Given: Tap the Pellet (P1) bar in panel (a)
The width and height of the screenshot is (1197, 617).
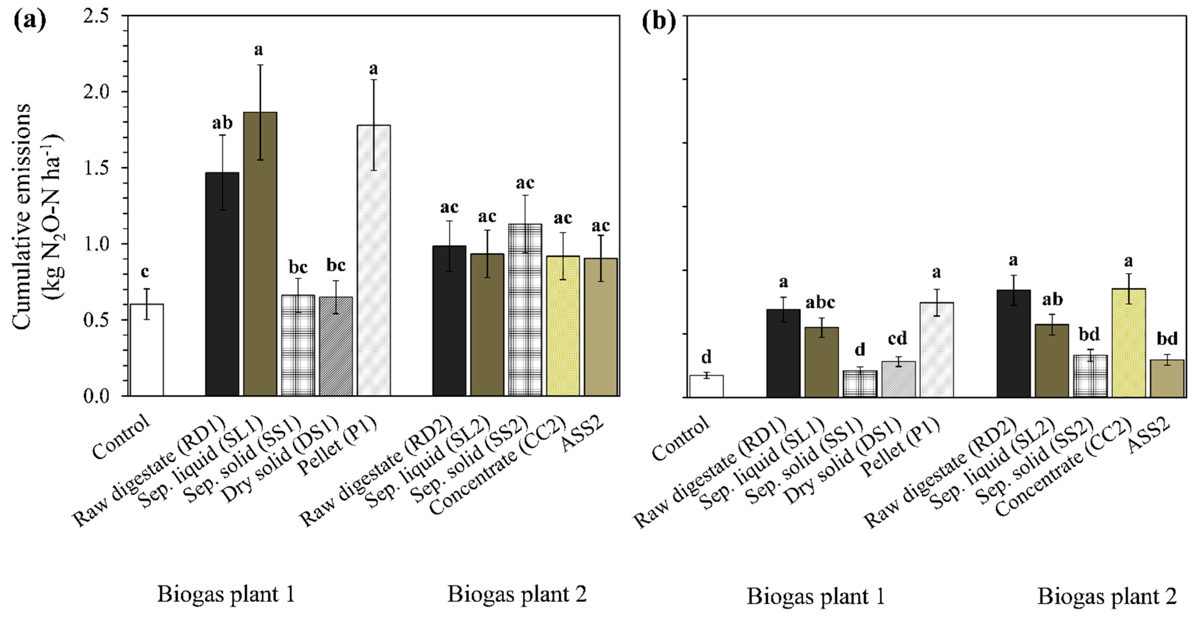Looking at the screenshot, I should click(x=374, y=260).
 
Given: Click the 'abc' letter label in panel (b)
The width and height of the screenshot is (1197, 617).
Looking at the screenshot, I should click(x=820, y=303).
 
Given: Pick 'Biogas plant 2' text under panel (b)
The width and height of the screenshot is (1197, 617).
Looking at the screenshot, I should click(x=1107, y=596).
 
